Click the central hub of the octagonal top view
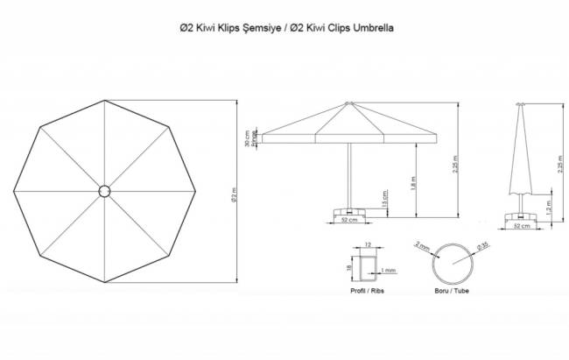[103, 190]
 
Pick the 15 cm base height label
[386, 201]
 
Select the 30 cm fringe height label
[248, 138]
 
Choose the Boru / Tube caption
[451, 290]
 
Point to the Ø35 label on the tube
[480, 248]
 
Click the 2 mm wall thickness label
[423, 248]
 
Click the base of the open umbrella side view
[348, 211]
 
